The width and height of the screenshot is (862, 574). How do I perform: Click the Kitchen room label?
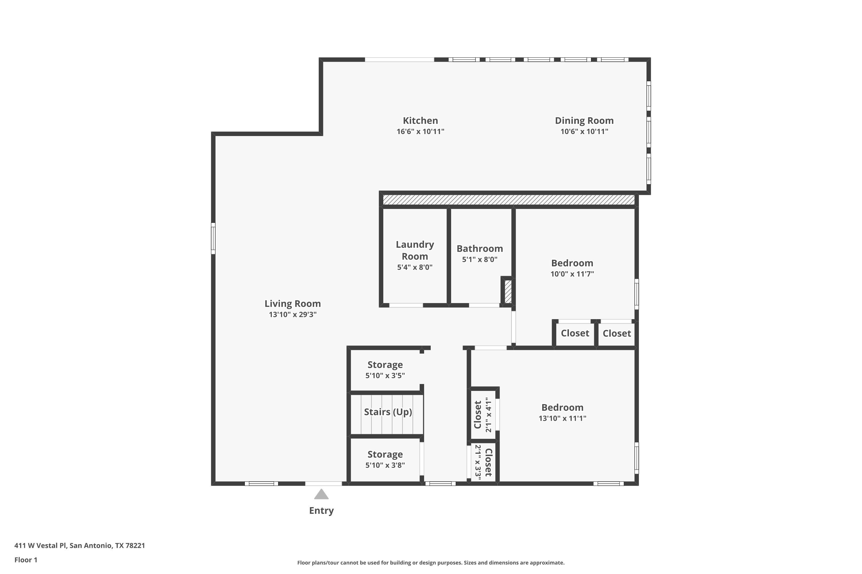click(420, 121)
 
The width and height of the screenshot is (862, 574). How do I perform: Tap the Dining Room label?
click(584, 121)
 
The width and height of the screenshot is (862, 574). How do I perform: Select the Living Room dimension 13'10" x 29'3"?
click(293, 315)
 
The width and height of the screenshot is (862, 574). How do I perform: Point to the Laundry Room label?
click(415, 250)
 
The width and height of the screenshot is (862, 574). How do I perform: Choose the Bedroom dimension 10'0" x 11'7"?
click(572, 274)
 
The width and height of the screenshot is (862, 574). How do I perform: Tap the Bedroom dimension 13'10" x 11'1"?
click(562, 418)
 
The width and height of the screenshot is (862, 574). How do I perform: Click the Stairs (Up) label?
click(388, 412)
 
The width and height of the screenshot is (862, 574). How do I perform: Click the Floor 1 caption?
click(26, 560)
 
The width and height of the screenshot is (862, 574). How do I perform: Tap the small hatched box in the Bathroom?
click(508, 291)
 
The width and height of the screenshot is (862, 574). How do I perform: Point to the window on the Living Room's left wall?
click(213, 238)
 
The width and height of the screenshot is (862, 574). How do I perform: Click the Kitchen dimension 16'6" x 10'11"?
click(420, 131)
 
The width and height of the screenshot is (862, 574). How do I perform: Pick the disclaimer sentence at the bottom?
click(431, 563)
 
